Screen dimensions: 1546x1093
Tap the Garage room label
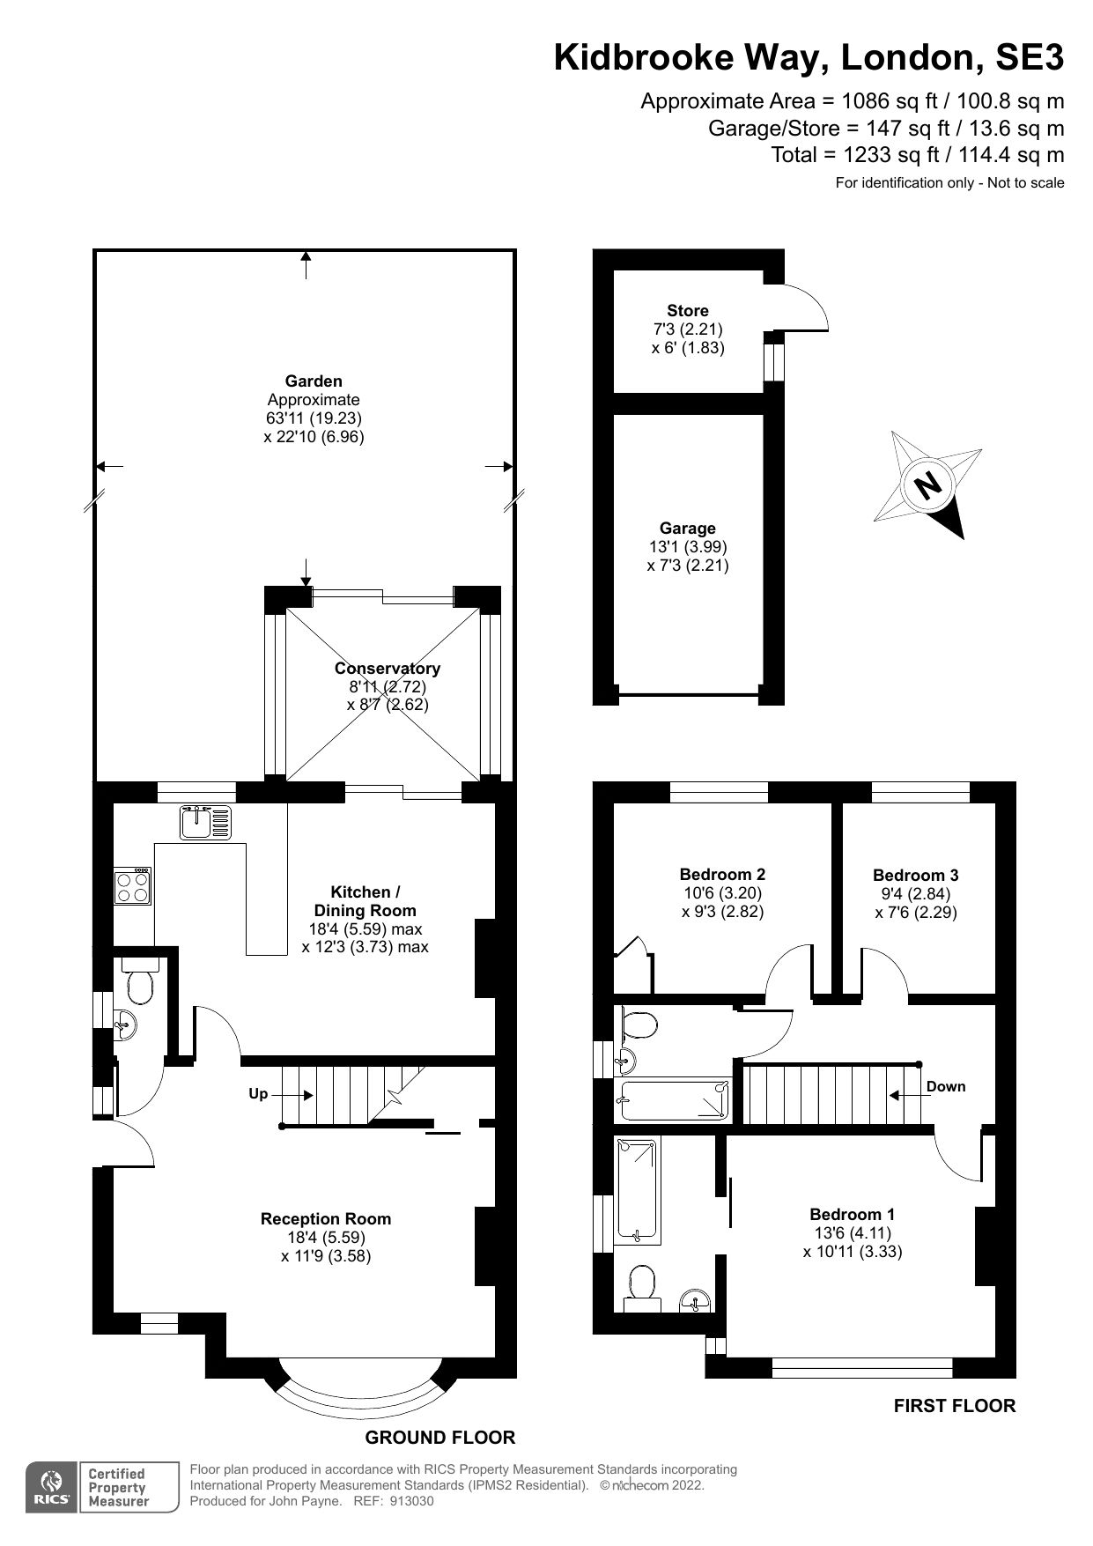687,529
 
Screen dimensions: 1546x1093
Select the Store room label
687,311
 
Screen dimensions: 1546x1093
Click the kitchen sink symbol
205,822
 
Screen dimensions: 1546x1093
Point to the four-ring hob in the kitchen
133,886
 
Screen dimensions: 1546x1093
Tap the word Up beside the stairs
258,1094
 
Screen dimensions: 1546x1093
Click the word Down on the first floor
946,1087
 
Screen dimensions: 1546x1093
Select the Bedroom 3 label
915,875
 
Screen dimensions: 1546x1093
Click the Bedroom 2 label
722,874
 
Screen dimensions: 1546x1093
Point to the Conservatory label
388,669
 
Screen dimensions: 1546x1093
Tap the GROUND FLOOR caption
439,1438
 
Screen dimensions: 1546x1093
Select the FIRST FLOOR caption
954,1406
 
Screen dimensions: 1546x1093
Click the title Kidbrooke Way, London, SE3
808,57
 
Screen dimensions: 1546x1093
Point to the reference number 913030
411,1502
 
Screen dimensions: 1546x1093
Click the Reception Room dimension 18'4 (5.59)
326,1238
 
